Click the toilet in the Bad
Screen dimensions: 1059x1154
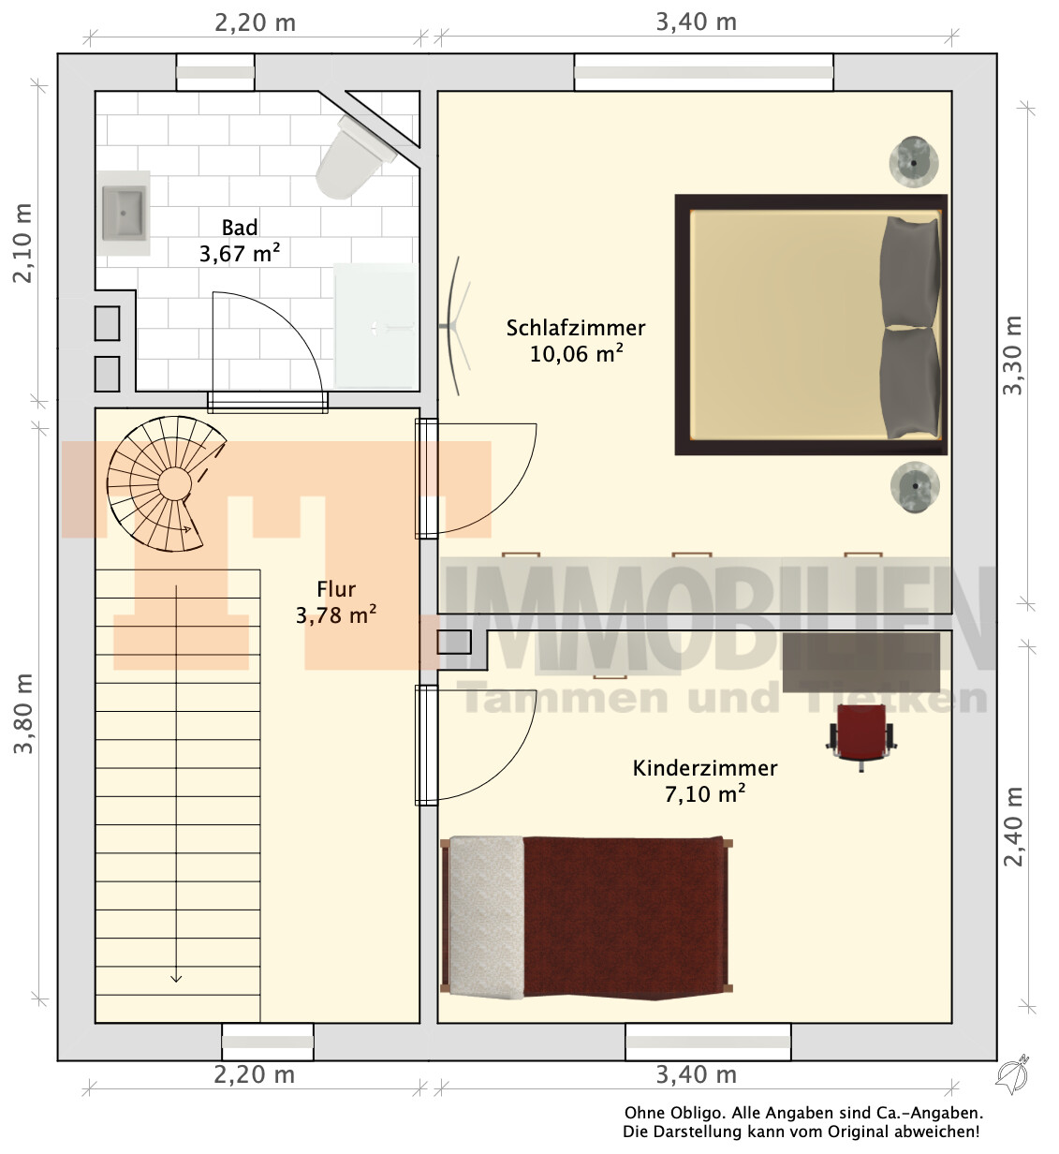tap(354, 157)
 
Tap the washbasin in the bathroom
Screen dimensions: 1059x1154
tap(123, 213)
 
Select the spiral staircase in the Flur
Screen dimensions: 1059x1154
tap(164, 484)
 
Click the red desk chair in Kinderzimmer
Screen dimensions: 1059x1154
tap(861, 737)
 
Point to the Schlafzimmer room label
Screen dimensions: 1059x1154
tap(576, 329)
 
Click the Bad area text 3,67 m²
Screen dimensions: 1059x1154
tap(240, 254)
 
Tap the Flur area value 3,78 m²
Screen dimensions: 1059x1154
tap(336, 615)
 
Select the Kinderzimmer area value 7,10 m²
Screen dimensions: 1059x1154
tap(705, 794)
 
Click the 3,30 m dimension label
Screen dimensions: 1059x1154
tap(1013, 355)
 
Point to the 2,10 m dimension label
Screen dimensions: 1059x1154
tap(22, 243)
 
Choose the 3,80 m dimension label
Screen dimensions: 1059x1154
tap(23, 714)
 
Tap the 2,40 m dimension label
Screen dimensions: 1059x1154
tap(1013, 827)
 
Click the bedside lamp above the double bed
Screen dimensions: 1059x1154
tap(914, 162)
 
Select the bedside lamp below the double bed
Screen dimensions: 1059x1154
tap(915, 487)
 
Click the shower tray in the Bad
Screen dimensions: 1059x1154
tap(376, 327)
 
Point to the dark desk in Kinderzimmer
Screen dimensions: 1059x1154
tap(861, 663)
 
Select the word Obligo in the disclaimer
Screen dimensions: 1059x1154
tap(694, 1113)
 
